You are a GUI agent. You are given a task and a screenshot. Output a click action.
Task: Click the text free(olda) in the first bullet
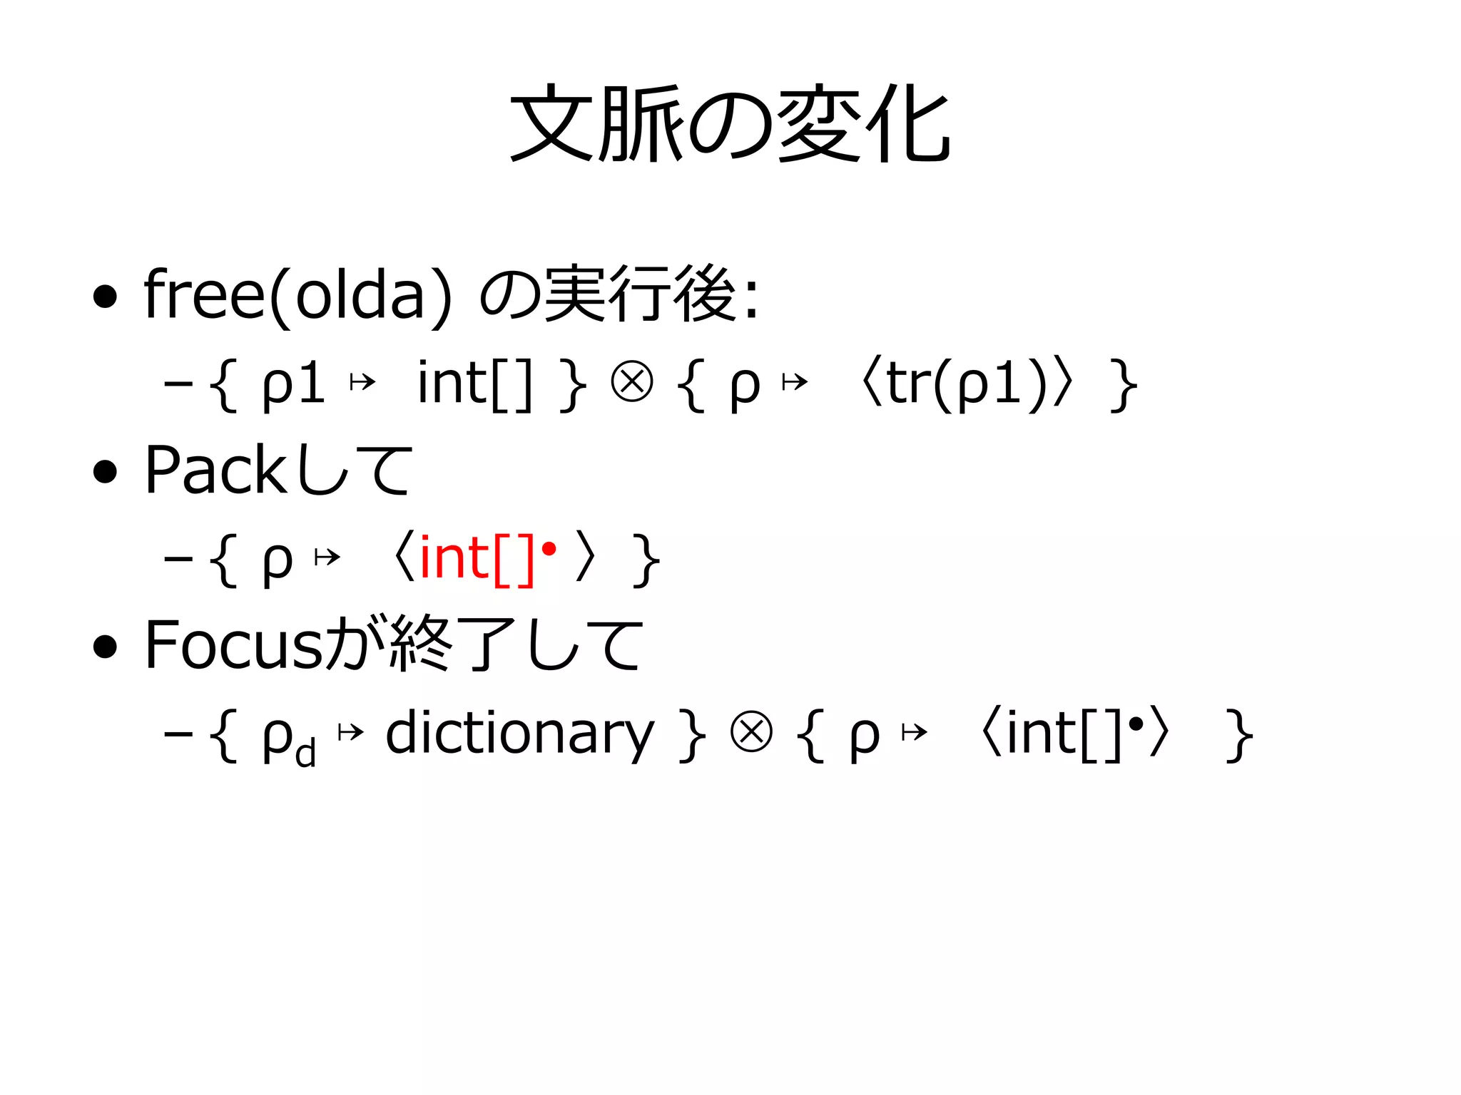[x=297, y=295]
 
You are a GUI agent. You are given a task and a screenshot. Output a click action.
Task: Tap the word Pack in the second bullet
[x=215, y=470]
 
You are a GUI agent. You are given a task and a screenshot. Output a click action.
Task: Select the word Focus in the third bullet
[x=233, y=645]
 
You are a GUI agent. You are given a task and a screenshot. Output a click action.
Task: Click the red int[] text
[x=476, y=559]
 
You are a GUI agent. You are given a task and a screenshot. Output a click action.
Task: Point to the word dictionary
[x=519, y=734]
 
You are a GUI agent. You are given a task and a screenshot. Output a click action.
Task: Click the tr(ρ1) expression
[x=966, y=385]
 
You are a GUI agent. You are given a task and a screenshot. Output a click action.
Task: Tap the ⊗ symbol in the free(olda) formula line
[x=631, y=383]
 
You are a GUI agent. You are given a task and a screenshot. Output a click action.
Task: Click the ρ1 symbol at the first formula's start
[x=293, y=386]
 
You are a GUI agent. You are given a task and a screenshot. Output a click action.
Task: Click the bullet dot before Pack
[x=105, y=472]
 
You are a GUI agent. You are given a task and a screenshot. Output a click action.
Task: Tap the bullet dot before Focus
[x=105, y=647]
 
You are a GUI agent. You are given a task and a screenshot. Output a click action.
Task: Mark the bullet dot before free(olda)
[x=105, y=297]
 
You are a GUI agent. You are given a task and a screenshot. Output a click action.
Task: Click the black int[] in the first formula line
[x=474, y=385]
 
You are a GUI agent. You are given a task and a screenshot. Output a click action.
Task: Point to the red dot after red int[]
[x=549, y=550]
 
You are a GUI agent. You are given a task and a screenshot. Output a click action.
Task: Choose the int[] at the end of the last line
[x=1064, y=734]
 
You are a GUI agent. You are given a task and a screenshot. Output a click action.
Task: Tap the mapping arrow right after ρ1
[x=362, y=384]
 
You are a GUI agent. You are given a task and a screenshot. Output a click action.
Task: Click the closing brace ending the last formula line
[x=1239, y=736]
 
